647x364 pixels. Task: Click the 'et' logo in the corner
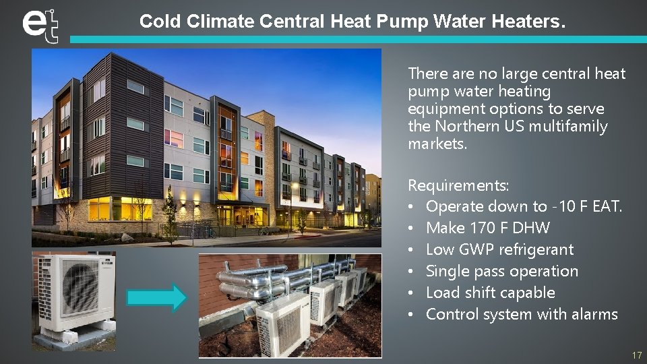pos(40,25)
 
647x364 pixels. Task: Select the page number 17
pos(636,355)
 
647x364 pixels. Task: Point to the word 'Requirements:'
pos(458,185)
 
